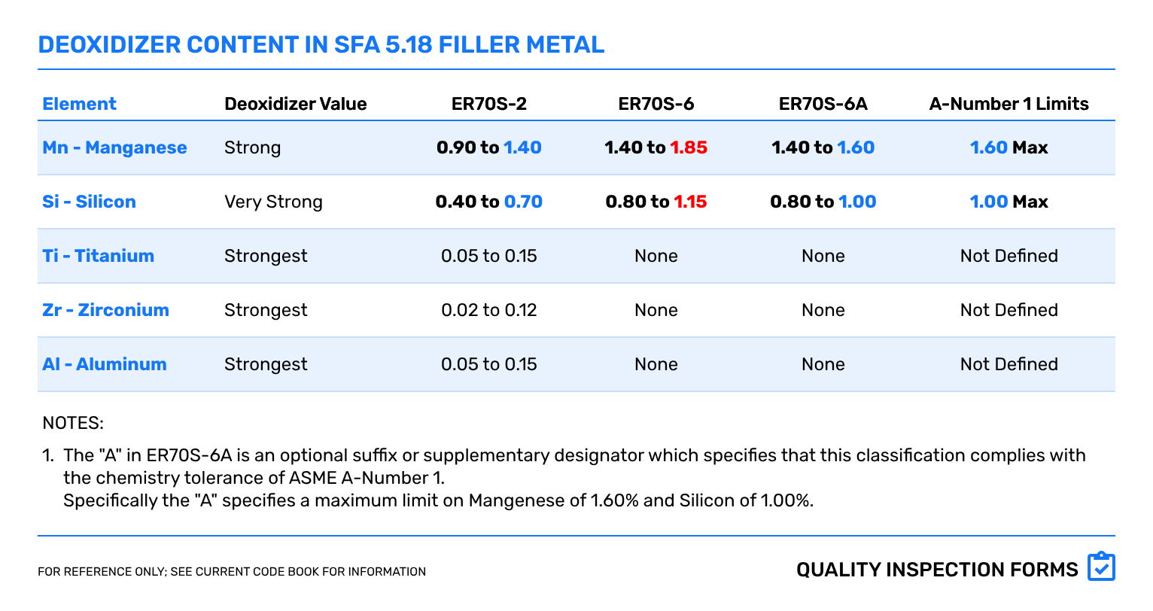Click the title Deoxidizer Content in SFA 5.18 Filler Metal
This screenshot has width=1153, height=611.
click(321, 45)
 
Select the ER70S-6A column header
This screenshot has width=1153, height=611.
click(823, 104)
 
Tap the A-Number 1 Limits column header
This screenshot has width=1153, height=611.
click(1008, 104)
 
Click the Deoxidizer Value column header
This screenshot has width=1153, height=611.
click(295, 104)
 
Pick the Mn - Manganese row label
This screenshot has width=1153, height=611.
click(114, 147)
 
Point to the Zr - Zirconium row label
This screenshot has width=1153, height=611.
click(105, 310)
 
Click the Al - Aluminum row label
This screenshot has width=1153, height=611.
click(105, 364)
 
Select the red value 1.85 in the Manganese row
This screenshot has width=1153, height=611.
click(689, 147)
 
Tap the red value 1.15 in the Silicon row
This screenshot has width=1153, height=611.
click(690, 202)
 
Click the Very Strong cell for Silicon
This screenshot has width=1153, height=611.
click(273, 202)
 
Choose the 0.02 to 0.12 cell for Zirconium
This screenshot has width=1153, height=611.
click(488, 310)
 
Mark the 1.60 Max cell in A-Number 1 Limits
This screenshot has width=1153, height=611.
click(1008, 147)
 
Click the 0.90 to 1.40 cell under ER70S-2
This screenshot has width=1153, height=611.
click(488, 147)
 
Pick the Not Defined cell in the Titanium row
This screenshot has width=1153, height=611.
click(1008, 256)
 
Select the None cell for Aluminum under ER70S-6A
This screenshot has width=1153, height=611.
click(823, 364)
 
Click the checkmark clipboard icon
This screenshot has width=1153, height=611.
click(1101, 567)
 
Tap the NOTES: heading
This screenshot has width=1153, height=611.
click(73, 423)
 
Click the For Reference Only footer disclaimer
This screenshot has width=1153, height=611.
click(232, 572)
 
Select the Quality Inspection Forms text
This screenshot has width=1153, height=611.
click(937, 570)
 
